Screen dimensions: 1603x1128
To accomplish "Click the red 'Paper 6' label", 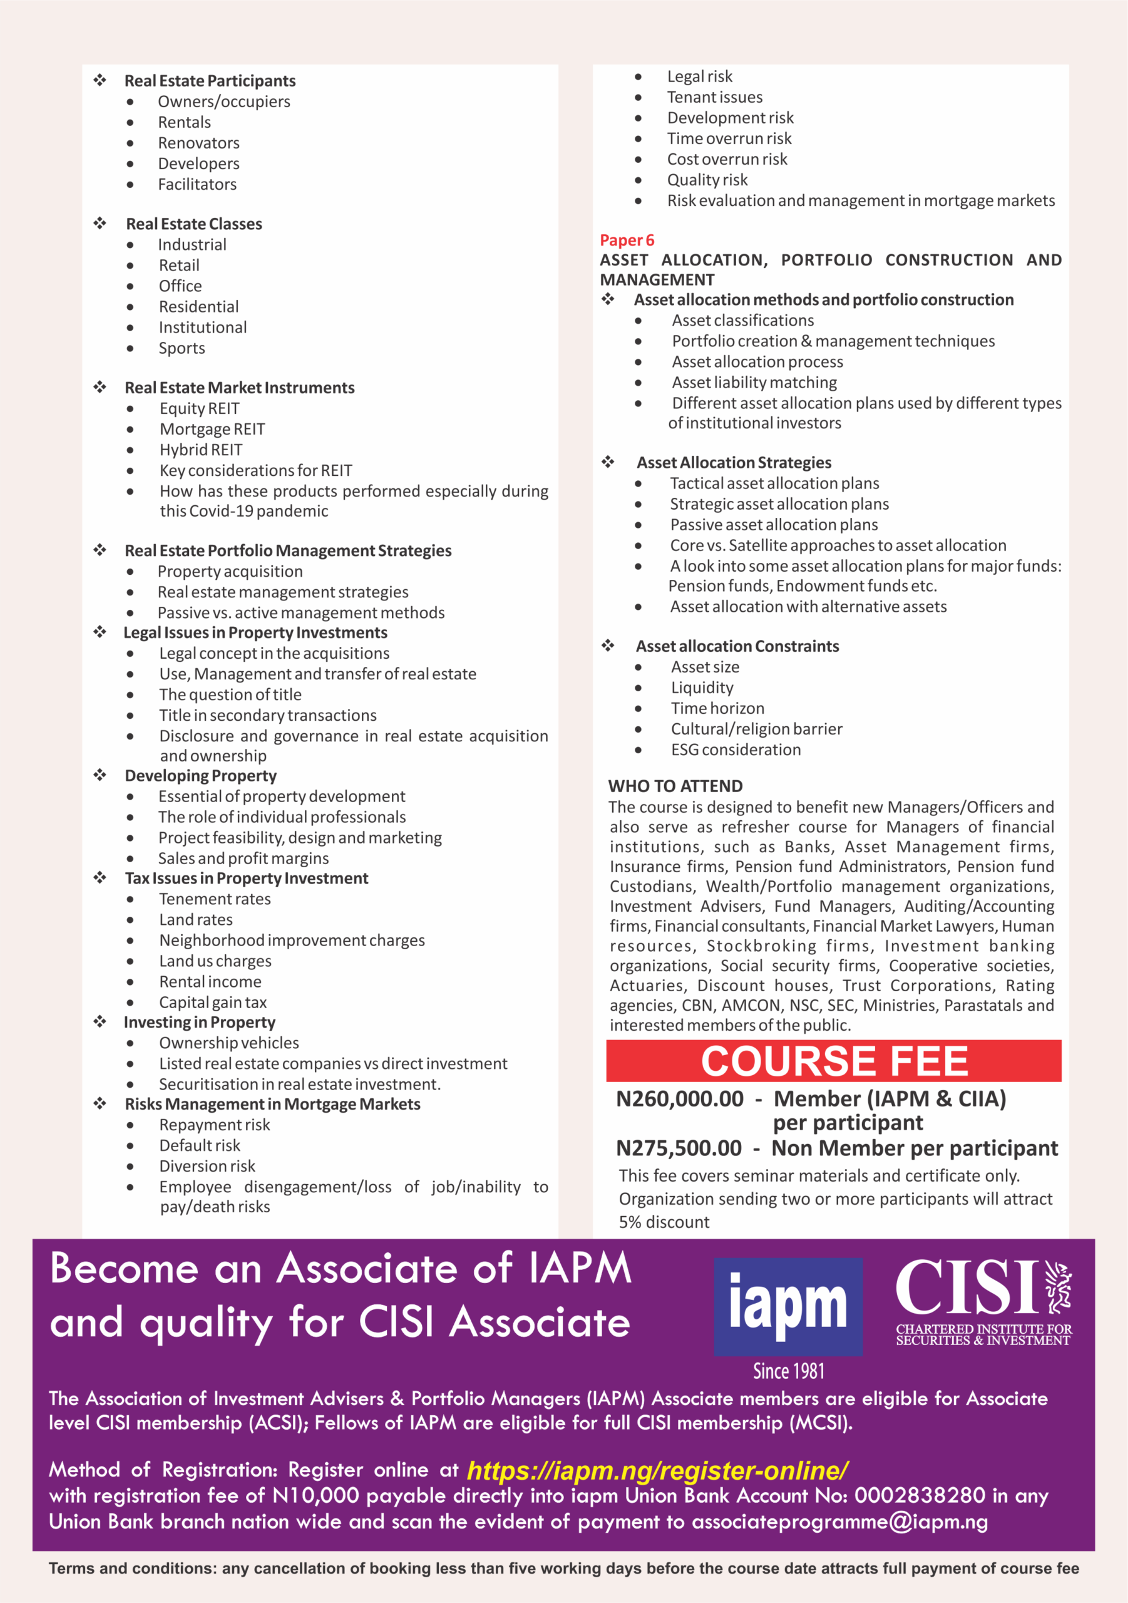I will [627, 240].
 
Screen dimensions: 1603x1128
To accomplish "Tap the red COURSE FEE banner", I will [833, 1061].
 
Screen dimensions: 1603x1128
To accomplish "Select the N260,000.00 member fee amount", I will [679, 1099].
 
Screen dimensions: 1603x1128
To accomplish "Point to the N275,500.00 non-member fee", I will [679, 1148].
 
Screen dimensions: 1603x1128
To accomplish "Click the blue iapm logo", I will [788, 1306].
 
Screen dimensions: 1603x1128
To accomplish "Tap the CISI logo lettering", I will [968, 1288].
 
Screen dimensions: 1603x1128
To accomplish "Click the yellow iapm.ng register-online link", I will [657, 1470].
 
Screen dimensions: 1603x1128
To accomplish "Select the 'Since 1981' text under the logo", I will [789, 1371].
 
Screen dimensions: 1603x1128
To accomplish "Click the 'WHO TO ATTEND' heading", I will [675, 786].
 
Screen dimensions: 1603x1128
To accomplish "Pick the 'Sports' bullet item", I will [182, 348].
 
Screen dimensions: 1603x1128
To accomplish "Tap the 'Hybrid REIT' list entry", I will [201, 450].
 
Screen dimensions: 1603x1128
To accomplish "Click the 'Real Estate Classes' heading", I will [194, 224].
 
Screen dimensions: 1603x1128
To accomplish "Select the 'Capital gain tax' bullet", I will [213, 1003].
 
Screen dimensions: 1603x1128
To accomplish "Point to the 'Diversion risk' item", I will [207, 1167].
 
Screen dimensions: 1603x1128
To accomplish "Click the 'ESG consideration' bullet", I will [736, 750].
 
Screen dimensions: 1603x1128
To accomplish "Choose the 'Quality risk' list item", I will [707, 180].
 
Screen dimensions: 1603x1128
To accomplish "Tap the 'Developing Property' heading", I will [200, 776].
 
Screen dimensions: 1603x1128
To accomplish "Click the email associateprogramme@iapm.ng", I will [839, 1522].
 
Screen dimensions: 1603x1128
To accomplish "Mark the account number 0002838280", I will [920, 1495].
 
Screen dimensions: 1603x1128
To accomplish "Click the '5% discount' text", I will [664, 1222].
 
